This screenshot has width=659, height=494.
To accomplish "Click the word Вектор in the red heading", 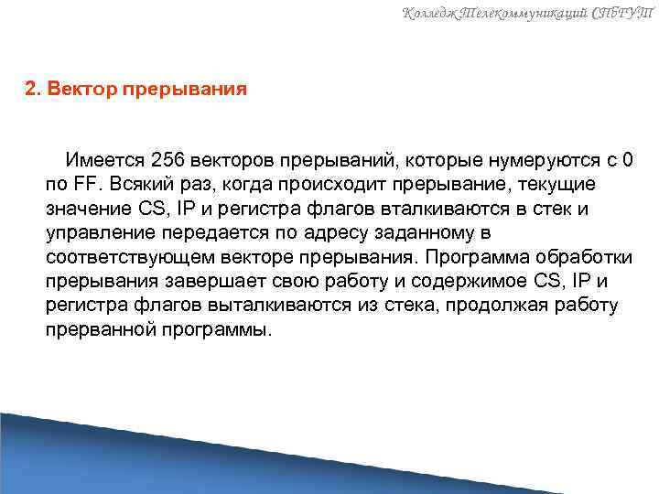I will click(81, 91).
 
